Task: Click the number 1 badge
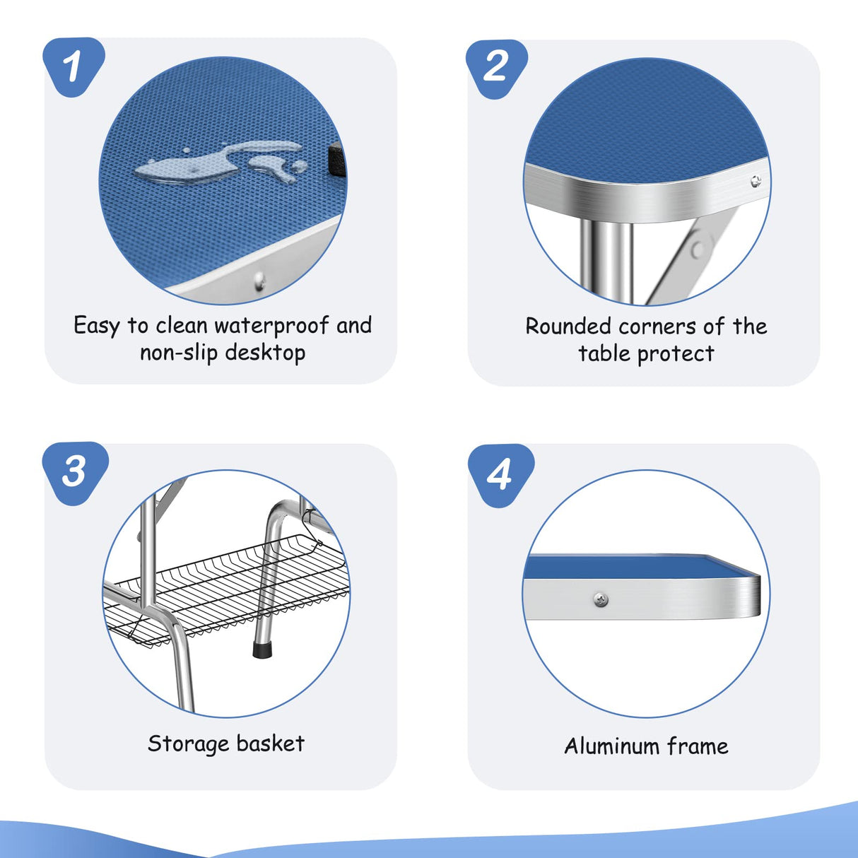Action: [74, 66]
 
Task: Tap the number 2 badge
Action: [496, 69]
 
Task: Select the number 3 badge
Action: [75, 473]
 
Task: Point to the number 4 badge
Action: [500, 475]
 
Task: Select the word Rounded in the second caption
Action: [569, 327]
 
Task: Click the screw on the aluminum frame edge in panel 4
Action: [601, 600]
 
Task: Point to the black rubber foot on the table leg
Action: [263, 650]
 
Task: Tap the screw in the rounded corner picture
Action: [756, 181]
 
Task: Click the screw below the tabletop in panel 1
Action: [259, 281]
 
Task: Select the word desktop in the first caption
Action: [265, 353]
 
